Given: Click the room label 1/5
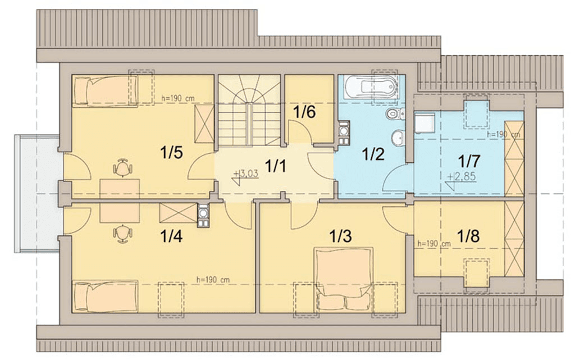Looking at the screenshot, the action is click(x=172, y=153).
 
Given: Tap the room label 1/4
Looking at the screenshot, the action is click(x=172, y=236).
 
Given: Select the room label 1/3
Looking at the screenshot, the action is click(x=341, y=236).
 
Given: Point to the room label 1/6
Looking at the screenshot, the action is click(x=304, y=112).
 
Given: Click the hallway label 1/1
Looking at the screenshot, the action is click(x=275, y=167).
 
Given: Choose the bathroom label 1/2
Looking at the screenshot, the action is click(x=373, y=154).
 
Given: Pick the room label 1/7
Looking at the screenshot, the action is click(x=469, y=161).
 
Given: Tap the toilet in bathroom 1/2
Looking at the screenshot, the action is click(x=395, y=114).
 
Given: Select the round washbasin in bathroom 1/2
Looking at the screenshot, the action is click(x=397, y=138).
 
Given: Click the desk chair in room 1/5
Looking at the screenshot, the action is click(x=122, y=167).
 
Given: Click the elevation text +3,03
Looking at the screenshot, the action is click(x=248, y=174).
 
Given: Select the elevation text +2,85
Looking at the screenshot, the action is click(x=462, y=177).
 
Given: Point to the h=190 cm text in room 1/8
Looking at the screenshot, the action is click(x=434, y=243).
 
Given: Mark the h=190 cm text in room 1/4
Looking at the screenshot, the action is click(x=213, y=280).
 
